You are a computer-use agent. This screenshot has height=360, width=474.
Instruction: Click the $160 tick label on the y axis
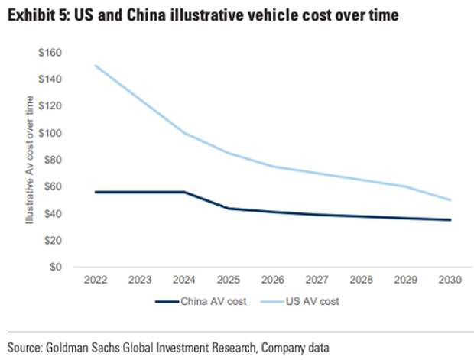51,53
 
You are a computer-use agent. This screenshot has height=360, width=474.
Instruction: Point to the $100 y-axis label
51,133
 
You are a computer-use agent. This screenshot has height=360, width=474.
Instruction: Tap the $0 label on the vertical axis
56,268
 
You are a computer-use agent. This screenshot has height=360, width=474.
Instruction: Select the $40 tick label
54,214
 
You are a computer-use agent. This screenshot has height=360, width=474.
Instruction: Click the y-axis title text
30,161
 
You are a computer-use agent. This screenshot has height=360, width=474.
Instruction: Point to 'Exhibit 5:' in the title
39,16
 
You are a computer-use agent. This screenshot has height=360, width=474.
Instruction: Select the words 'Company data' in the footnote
296,347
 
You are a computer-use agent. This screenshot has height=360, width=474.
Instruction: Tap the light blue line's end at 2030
451,200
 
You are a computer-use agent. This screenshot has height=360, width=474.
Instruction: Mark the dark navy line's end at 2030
451,220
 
